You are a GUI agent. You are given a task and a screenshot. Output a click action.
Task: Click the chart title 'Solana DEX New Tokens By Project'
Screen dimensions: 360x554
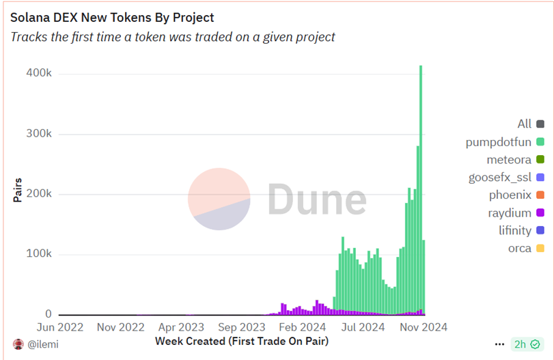tap(112, 18)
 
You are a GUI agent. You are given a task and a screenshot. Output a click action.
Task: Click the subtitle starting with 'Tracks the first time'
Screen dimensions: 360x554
tap(173, 37)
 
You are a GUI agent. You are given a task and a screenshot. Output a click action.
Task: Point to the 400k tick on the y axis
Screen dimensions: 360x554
tap(39, 74)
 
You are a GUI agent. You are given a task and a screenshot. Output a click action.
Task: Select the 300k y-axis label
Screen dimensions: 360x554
tap(39, 134)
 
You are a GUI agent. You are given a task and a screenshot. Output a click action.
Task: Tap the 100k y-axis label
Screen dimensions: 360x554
tap(39, 254)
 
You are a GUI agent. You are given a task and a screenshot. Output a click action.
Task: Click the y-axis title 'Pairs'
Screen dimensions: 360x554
tap(18, 190)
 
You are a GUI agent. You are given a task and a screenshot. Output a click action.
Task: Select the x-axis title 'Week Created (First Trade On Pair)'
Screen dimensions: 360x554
tap(242, 340)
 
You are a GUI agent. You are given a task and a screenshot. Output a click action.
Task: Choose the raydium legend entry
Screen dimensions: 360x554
tap(509, 213)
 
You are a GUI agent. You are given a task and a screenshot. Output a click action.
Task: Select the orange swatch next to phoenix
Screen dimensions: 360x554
tap(540, 195)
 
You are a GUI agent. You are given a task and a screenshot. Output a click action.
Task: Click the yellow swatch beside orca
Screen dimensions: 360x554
tap(540, 249)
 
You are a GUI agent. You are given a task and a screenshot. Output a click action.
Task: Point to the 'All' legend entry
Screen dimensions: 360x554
tap(524, 124)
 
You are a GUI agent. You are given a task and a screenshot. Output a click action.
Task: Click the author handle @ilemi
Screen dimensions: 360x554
tap(42, 345)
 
